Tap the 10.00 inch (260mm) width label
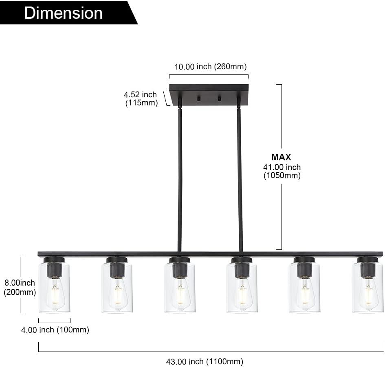[x=210, y=66]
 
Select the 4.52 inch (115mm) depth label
[x=141, y=98]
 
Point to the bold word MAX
[x=282, y=157]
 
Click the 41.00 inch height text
[x=282, y=167]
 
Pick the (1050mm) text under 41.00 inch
[x=282, y=175]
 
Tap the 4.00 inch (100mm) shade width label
[x=55, y=330]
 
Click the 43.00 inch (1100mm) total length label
[x=205, y=361]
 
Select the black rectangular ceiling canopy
[x=209, y=95]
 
